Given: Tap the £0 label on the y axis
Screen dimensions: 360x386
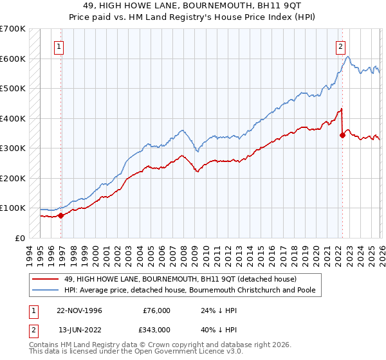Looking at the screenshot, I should (x=21, y=238).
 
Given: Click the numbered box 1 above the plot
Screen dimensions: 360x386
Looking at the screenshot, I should (x=59, y=46).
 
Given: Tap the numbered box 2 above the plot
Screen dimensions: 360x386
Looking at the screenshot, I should (x=340, y=46).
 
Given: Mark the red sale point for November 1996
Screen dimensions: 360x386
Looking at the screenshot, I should (x=61, y=216).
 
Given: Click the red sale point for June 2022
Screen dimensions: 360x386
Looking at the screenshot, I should (x=342, y=135).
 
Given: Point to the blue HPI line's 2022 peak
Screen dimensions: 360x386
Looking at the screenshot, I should (x=347, y=57).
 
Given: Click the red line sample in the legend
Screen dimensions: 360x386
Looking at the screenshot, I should (x=45, y=279).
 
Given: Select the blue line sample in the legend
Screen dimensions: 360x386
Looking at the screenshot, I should (x=45, y=290).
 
